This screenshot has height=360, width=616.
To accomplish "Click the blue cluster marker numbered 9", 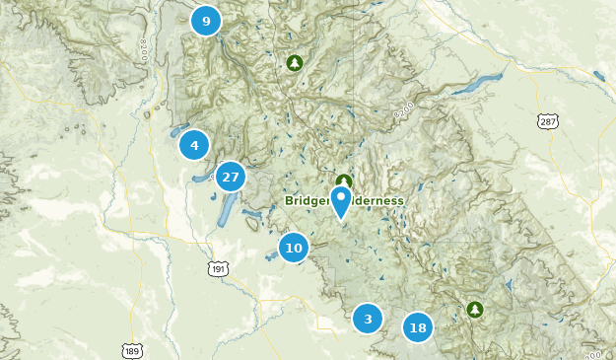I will [205, 20].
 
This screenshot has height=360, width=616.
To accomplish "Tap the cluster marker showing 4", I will [194, 146].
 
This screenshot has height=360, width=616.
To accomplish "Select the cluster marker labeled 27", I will [231, 178].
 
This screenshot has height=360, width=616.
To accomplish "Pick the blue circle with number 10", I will [294, 248].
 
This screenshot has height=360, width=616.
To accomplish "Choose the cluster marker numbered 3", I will [368, 319].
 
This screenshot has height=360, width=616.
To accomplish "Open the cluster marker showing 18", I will [418, 327].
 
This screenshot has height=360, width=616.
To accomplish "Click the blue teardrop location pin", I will [341, 201].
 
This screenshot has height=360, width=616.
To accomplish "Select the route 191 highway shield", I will [218, 268].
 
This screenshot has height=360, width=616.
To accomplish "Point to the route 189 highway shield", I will [133, 350].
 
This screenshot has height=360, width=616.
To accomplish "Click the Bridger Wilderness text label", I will [344, 200].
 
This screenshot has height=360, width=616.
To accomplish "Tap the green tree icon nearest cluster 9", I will [294, 63].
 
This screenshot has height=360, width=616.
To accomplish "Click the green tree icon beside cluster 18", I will [475, 310].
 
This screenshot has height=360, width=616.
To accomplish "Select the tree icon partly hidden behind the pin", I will [343, 180].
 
